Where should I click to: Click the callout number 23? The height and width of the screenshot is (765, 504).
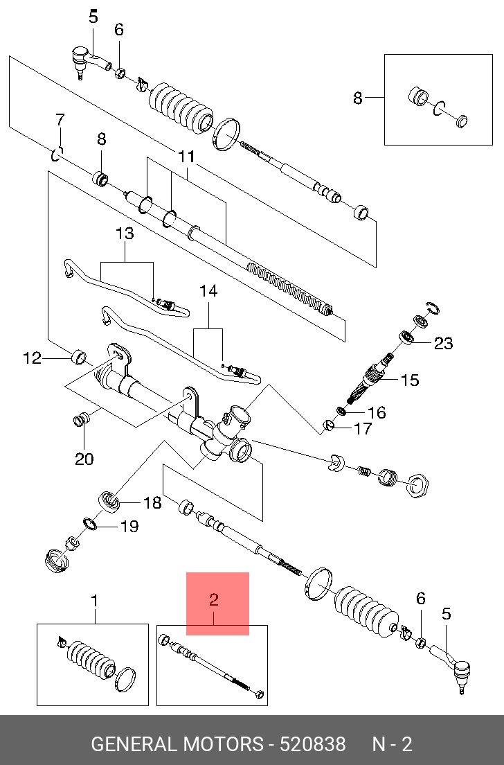click(x=443, y=343)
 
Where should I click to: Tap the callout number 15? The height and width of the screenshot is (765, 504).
click(x=409, y=380)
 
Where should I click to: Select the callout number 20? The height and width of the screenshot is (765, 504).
click(x=84, y=459)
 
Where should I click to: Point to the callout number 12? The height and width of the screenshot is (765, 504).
click(x=32, y=359)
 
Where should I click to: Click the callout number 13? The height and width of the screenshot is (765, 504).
click(x=125, y=234)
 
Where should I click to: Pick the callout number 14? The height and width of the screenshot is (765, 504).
click(x=208, y=291)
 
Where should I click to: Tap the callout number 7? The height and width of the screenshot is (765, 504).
click(x=60, y=120)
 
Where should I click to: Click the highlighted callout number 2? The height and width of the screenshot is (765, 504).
click(x=213, y=599)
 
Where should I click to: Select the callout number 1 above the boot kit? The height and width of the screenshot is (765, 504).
click(x=95, y=601)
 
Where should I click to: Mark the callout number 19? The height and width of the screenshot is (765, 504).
click(x=129, y=526)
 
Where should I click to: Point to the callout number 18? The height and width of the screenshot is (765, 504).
click(x=152, y=502)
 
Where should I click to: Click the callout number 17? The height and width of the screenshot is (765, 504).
click(x=363, y=428)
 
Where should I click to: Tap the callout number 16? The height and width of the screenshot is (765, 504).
click(x=377, y=413)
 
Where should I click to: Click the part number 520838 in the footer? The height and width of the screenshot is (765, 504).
click(x=312, y=744)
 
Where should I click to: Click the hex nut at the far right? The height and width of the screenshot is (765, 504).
click(x=417, y=486)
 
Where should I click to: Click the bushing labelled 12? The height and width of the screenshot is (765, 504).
click(x=80, y=357)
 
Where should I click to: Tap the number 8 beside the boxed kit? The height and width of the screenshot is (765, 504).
click(x=358, y=98)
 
